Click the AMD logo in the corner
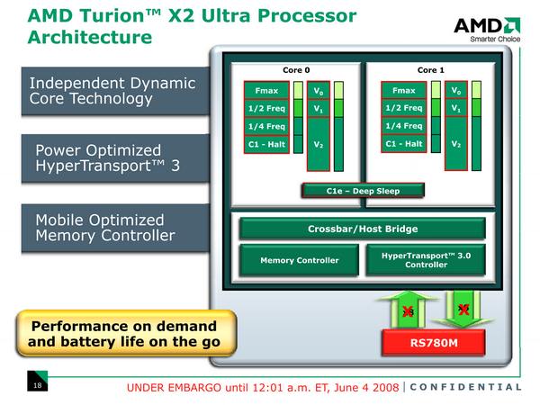487,28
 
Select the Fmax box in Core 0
266,91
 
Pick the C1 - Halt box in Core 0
266,144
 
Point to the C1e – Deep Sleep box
363,191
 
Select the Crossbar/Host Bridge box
363,229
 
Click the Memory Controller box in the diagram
300,260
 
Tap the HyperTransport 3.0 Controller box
427,259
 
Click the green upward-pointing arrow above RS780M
407,309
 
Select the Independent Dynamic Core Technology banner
112,91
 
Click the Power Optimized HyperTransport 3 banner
112,158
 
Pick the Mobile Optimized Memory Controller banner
112,228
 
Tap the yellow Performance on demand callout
123,333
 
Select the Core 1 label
430,69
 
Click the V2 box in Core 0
318,144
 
